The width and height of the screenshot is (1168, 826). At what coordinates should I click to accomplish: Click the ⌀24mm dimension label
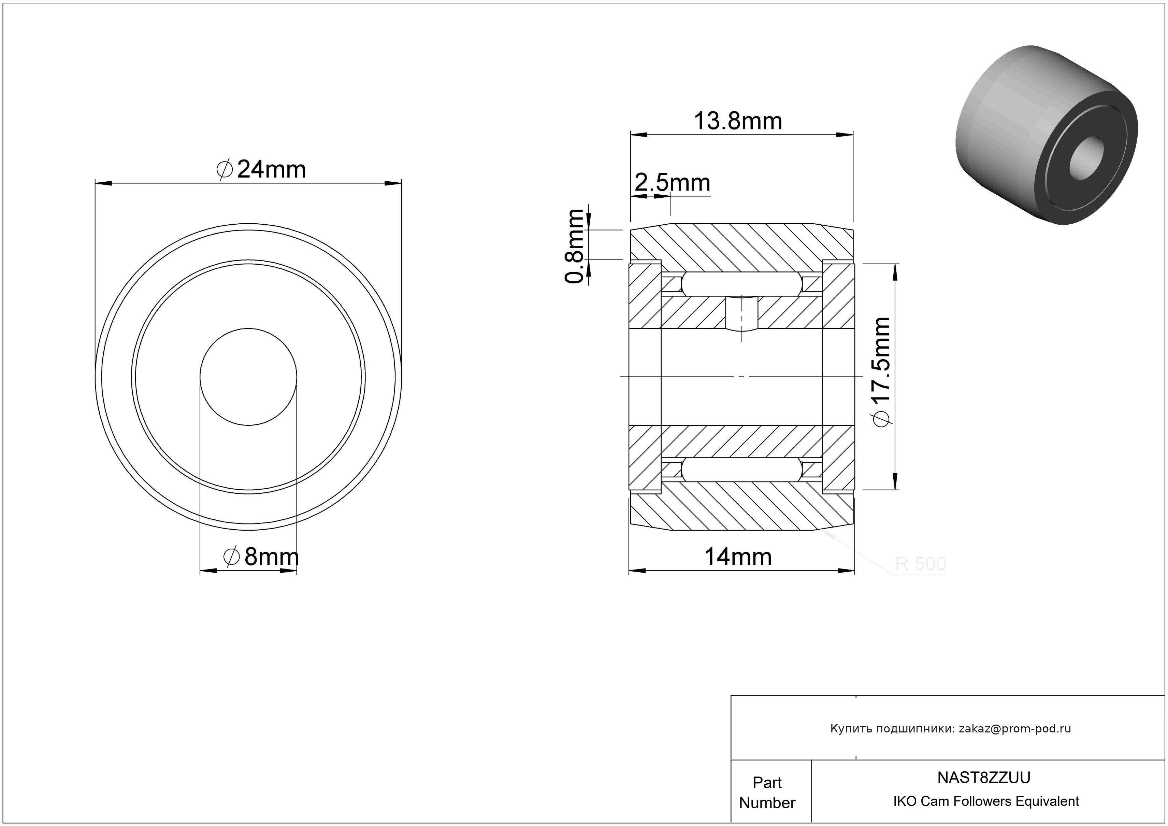[x=261, y=169]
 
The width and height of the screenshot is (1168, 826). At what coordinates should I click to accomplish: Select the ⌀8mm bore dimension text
[x=261, y=557]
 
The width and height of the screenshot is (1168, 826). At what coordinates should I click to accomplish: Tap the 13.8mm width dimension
[x=738, y=121]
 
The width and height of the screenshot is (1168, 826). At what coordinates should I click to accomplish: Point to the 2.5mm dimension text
[x=672, y=183]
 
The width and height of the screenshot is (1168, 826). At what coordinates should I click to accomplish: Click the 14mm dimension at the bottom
[x=738, y=557]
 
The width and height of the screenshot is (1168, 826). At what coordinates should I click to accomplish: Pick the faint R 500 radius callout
[x=920, y=564]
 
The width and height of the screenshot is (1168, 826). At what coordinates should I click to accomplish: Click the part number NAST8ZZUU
[x=984, y=778]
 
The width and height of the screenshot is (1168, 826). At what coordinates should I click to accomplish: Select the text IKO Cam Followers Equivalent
[x=986, y=801]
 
